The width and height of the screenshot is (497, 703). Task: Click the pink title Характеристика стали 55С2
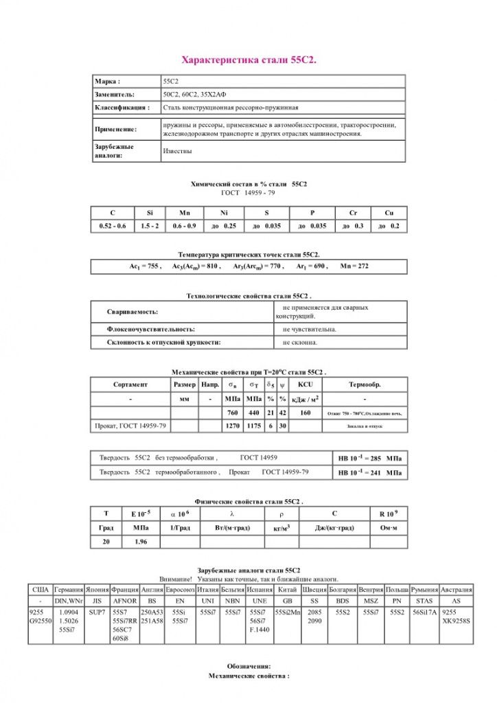coord(248,60)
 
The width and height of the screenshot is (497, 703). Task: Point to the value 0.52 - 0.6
coord(113,226)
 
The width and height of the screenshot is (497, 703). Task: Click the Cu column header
coord(389,214)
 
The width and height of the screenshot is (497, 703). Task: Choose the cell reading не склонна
coord(300,341)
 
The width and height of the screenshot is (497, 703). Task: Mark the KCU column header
coord(305,384)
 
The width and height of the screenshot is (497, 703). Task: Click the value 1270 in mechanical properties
coord(233,426)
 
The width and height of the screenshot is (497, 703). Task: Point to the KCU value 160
coord(305,413)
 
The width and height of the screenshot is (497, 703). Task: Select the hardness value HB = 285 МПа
coord(368,457)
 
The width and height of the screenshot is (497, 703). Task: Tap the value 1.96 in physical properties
coord(141,541)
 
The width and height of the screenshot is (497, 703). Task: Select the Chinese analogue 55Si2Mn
coord(288,611)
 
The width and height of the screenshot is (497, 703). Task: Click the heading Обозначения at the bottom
coord(248,667)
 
